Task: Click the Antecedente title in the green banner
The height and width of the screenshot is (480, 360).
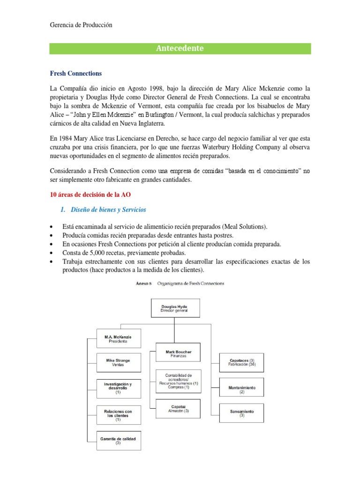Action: pos(180,48)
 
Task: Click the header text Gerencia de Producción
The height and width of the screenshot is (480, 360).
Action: pos(81,25)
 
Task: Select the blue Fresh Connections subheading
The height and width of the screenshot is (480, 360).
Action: pos(75,74)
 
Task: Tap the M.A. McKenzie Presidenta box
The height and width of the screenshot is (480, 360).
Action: pos(118,339)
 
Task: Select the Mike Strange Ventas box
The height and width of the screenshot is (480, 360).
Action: pos(118,362)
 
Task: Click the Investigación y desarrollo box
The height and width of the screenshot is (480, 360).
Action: pos(118,389)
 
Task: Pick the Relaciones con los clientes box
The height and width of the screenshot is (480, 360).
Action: pos(118,415)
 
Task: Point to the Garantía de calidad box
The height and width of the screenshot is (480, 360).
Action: pos(118,440)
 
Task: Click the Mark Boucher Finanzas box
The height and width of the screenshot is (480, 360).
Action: pos(179,353)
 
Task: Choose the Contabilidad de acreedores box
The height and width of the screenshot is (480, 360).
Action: pos(179,381)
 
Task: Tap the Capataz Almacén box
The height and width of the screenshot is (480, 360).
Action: pos(179,409)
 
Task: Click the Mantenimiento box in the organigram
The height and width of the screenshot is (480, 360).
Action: pos(242,388)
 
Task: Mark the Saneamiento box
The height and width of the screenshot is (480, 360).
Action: pos(242,413)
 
